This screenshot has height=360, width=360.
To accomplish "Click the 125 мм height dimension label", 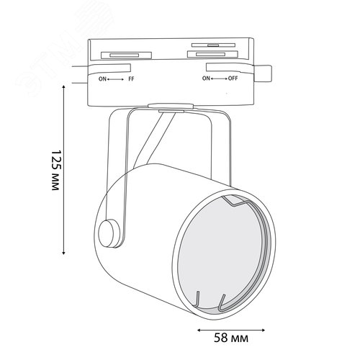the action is click(x=55, y=171).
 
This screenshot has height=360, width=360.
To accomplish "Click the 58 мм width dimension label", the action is click(x=231, y=338).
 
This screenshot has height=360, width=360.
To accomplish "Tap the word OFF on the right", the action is click(x=233, y=78).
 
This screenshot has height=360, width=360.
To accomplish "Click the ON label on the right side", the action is click(x=206, y=78).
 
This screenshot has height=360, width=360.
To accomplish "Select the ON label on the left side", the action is click(x=102, y=79).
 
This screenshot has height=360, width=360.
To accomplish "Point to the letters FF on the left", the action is click(x=131, y=79).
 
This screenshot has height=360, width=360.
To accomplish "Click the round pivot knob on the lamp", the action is click(x=109, y=233).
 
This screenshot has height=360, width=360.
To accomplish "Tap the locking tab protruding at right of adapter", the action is click(x=263, y=74).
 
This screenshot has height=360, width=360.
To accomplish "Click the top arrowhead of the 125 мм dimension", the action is click(x=63, y=87).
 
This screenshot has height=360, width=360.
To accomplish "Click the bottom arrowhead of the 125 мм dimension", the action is click(x=63, y=253).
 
